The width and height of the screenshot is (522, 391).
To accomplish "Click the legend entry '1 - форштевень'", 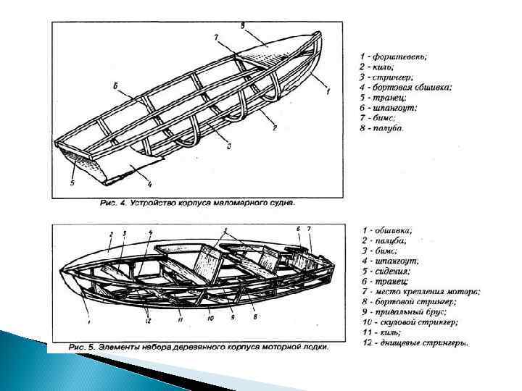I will (394, 56).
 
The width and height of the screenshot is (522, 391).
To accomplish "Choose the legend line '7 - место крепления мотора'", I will (420, 291).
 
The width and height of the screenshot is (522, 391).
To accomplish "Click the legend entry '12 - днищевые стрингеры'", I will (414, 342).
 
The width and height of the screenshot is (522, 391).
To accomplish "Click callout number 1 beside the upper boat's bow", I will (328, 92).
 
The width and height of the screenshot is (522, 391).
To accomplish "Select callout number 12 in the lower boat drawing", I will (149, 319).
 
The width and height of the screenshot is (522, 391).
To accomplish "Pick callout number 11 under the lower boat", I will (180, 319).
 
